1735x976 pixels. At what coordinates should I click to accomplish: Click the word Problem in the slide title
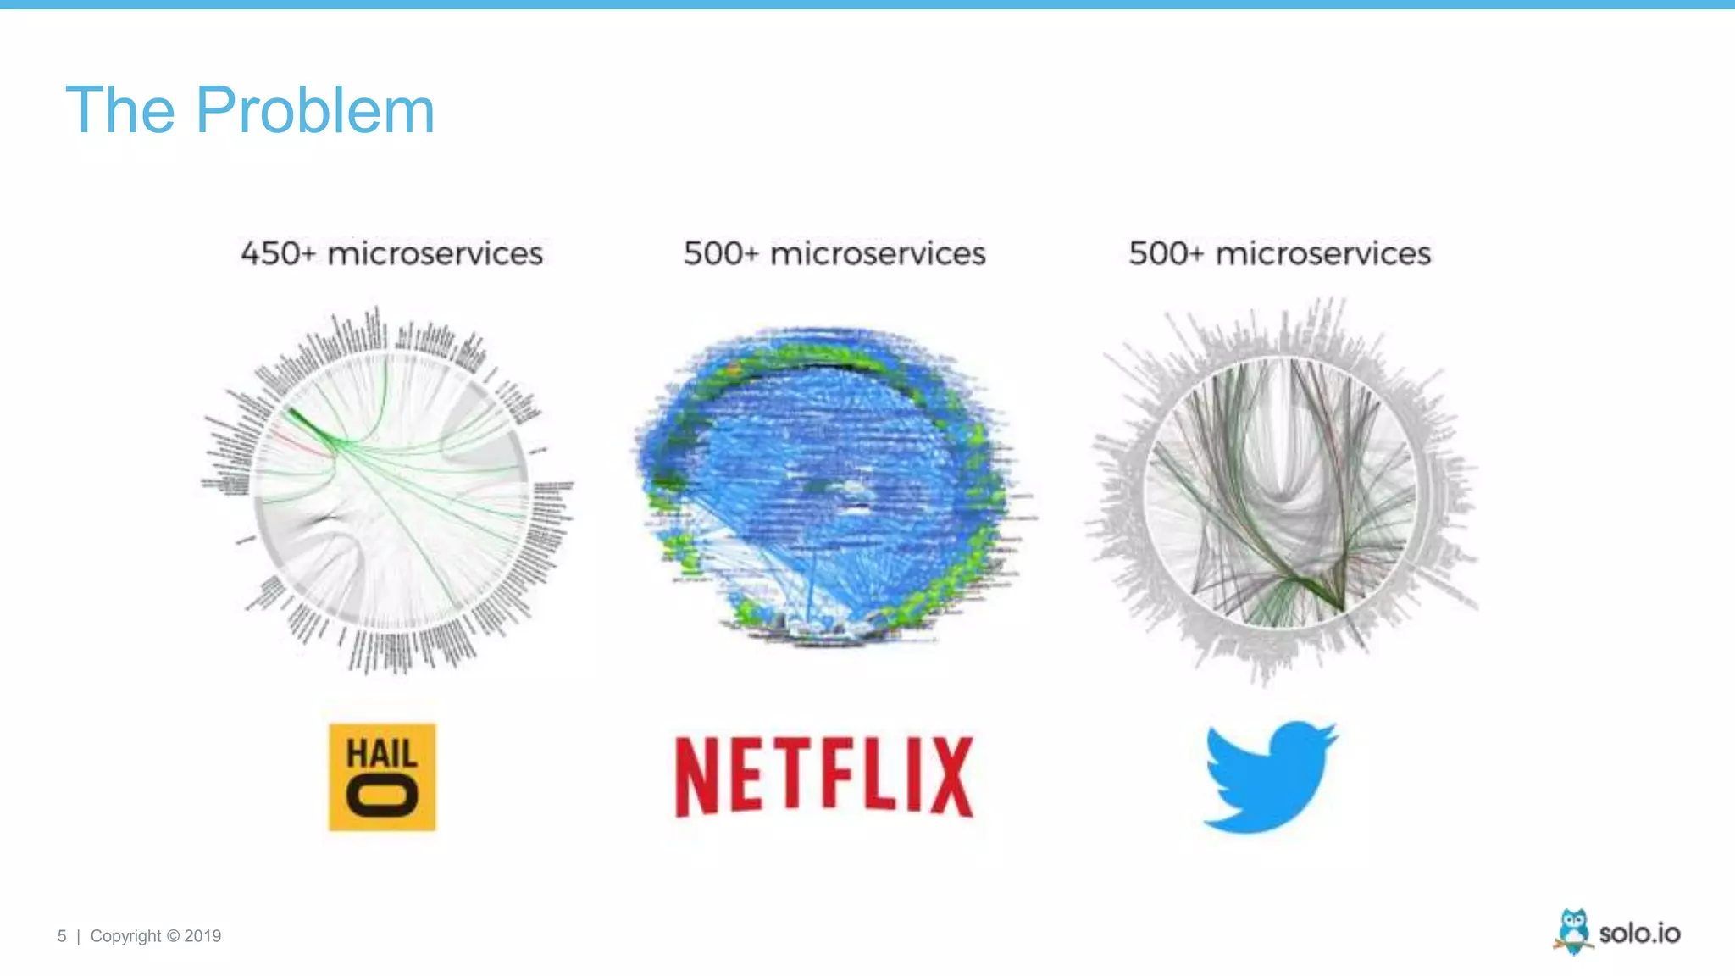tap(315, 110)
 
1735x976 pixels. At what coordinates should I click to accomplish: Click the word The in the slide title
tap(119, 110)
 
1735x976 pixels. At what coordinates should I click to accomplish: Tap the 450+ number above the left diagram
tap(278, 253)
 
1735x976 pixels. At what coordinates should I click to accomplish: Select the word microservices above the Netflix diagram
tap(878, 253)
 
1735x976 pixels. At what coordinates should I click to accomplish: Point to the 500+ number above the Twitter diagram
tap(1166, 253)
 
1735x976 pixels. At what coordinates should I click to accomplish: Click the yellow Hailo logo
tap(382, 777)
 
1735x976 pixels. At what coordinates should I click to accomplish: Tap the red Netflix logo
tap(824, 776)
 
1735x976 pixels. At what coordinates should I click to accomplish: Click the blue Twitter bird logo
tap(1269, 776)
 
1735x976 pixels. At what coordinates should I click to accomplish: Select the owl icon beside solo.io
tap(1573, 931)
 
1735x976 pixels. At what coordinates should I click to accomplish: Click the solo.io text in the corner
tap(1639, 934)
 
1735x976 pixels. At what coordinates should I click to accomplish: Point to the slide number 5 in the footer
tap(62, 936)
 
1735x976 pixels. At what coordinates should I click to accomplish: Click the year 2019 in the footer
tap(202, 936)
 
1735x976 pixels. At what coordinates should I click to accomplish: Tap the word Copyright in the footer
tap(125, 936)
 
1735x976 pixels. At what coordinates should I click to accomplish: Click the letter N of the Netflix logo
tap(696, 776)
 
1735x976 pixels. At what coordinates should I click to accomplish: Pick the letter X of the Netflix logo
tap(951, 776)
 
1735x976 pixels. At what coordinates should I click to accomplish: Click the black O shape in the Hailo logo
tap(382, 798)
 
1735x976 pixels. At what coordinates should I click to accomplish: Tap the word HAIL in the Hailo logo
tap(382, 753)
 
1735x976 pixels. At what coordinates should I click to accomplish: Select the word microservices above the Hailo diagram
tap(435, 253)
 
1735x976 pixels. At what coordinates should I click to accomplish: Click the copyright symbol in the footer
tap(173, 936)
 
